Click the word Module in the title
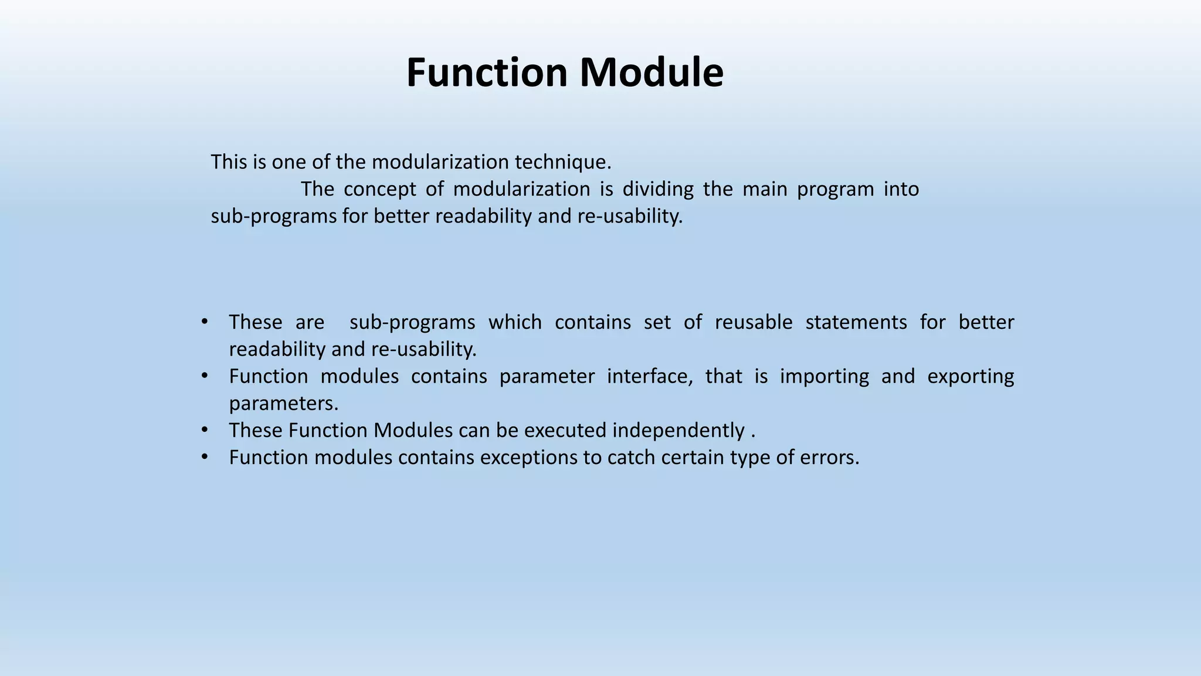click(x=652, y=73)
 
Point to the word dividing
click(x=657, y=189)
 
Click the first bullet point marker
click(x=204, y=322)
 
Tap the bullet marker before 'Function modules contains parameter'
click(x=204, y=376)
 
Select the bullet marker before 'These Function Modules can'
click(x=204, y=430)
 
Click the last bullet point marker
click(x=204, y=457)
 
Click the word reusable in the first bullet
click(x=753, y=322)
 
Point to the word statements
click(x=856, y=322)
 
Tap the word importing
click(x=824, y=376)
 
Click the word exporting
click(x=970, y=376)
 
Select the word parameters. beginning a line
click(x=284, y=404)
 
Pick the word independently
click(x=678, y=431)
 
